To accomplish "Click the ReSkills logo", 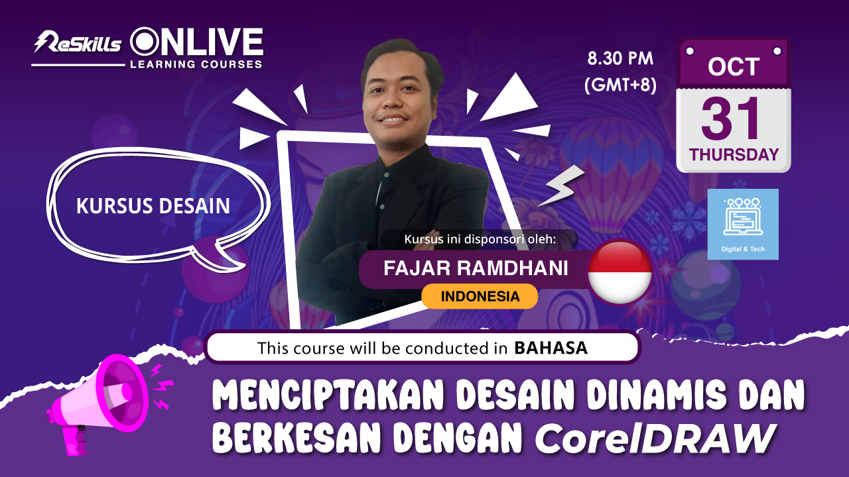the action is (x=78, y=42).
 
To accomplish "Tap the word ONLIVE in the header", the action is (x=197, y=42).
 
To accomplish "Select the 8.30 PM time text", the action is (x=620, y=58).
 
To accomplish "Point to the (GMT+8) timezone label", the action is (x=620, y=84).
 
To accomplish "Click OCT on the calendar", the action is (x=734, y=67).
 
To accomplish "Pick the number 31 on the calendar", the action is (x=730, y=119).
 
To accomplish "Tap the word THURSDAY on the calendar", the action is (x=734, y=154).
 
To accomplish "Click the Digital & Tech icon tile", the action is (x=743, y=224).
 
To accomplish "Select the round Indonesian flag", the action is (x=620, y=272).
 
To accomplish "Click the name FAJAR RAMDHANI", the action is (x=476, y=268).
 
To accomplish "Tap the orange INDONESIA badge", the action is (x=480, y=296).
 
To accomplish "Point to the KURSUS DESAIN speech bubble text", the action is (x=153, y=206).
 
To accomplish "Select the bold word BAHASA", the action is (x=551, y=348).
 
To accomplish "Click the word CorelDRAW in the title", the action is (x=655, y=439).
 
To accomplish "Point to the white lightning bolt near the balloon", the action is (x=562, y=185).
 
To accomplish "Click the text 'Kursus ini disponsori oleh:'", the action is (x=480, y=239).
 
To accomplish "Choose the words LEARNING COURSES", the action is (x=196, y=64).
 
